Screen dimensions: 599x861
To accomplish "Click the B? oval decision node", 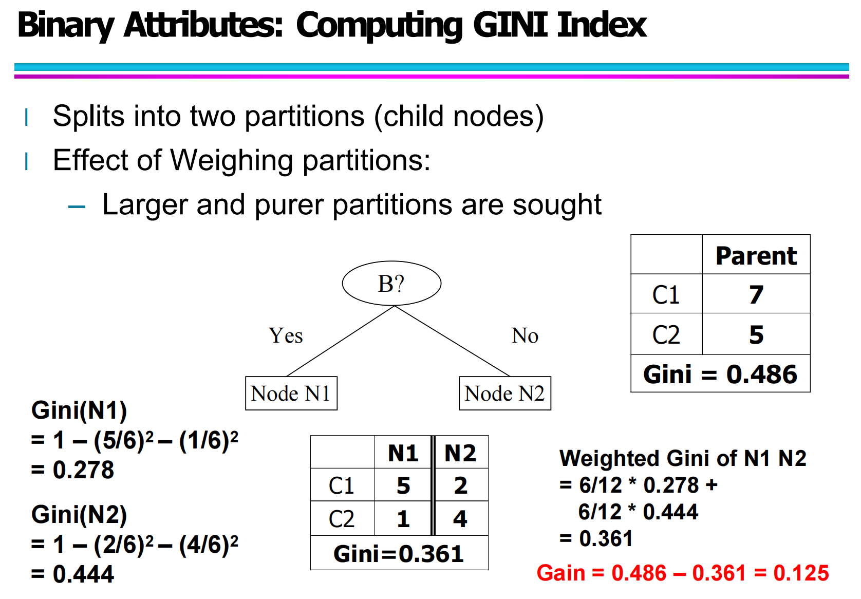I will (391, 283).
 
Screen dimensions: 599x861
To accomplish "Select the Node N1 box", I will (291, 394).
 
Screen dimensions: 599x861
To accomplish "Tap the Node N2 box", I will (504, 394).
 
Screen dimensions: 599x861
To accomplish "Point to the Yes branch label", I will (286, 335).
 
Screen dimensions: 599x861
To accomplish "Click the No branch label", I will (525, 335).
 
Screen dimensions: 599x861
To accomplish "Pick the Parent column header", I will (756, 255).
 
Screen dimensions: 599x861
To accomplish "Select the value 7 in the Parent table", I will (756, 294).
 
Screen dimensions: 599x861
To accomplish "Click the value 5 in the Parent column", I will (756, 334).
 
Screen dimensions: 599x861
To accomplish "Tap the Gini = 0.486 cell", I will (720, 374).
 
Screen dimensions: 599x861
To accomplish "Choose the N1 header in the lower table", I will (403, 453).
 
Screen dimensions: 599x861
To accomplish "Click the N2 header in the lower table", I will (460, 453).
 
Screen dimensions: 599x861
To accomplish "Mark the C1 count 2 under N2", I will (460, 485).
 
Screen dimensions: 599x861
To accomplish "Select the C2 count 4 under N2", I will (460, 519).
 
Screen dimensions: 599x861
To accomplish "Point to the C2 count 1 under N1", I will (403, 519).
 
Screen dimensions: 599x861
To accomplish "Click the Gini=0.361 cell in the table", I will (399, 554).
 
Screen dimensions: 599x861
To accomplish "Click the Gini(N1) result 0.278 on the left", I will (83, 470).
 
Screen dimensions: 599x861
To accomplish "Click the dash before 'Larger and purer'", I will (77, 207).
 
